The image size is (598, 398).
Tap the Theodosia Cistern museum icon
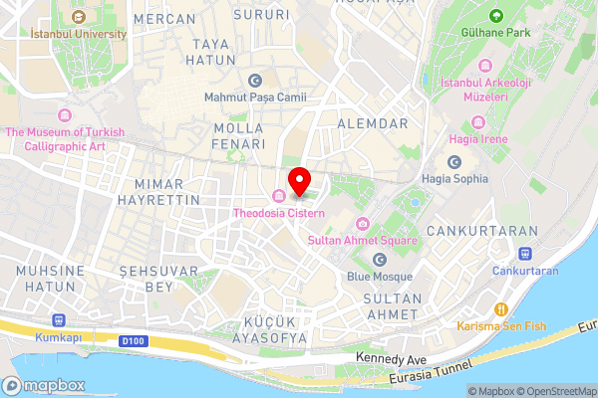click(x=279, y=194)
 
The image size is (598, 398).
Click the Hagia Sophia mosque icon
click(x=454, y=162)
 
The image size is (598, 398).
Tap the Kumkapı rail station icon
click(x=58, y=321)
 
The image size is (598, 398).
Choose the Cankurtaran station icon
click(x=525, y=255)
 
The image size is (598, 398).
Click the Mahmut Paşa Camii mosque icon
click(x=255, y=81)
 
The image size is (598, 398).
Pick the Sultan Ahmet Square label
click(x=375, y=240)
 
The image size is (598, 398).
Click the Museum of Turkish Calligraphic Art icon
click(x=66, y=115)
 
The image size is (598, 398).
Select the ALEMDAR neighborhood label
click(x=374, y=123)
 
